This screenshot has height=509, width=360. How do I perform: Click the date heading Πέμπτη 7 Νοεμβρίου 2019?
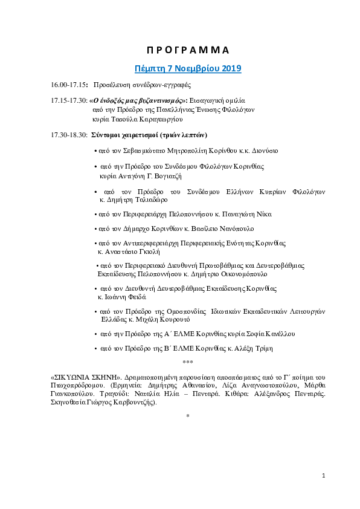(x=187, y=68)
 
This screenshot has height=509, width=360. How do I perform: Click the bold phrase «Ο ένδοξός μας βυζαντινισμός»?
(x=139, y=100)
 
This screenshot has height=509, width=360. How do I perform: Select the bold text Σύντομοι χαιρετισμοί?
(x=127, y=134)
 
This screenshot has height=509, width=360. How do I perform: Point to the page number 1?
(x=323, y=476)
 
